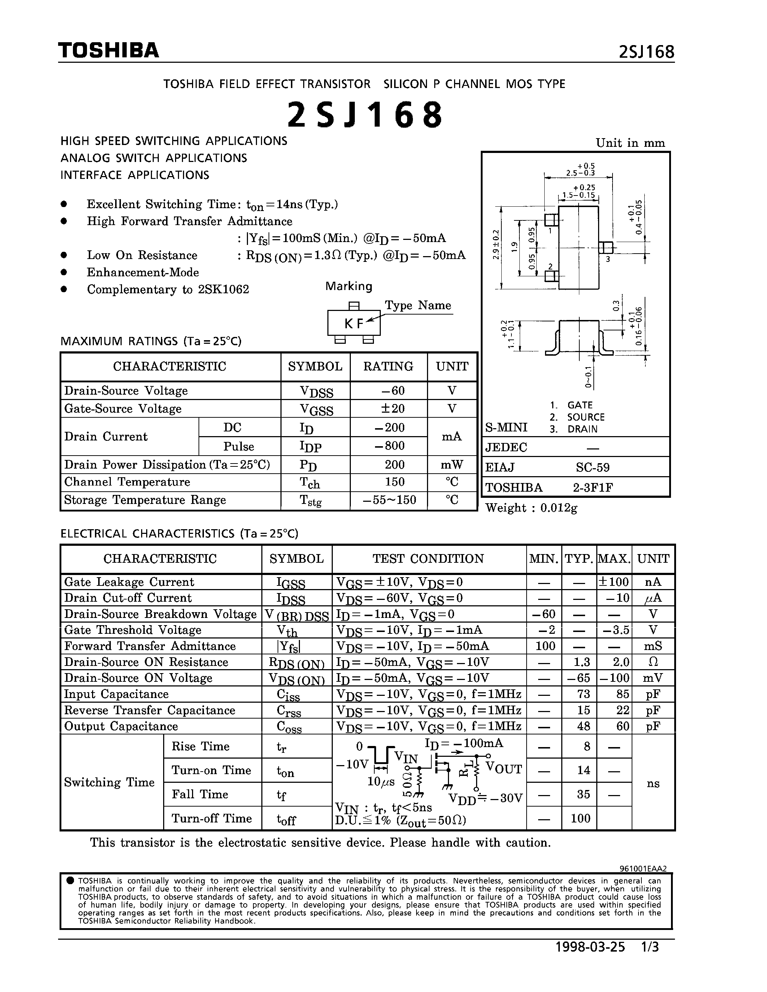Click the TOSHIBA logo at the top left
109,51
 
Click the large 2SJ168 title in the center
365,115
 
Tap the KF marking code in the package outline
354,324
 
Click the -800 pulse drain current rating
389,445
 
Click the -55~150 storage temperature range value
389,500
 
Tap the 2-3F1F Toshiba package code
593,487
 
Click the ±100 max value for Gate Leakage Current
614,582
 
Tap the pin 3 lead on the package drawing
606,247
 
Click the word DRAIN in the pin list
582,429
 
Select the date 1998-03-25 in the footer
590,947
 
